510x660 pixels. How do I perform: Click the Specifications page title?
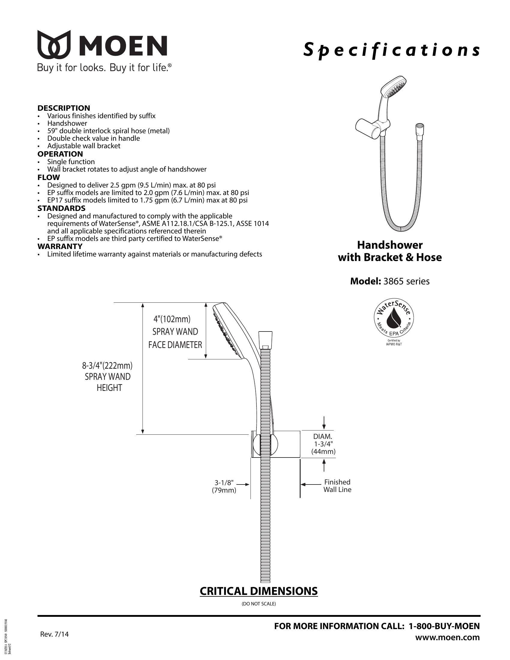(391, 50)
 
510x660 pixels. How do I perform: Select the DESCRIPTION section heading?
(64, 108)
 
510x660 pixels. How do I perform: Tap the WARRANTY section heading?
(60, 246)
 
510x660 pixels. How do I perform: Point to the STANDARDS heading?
(61, 208)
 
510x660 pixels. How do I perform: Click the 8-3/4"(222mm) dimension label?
(107, 366)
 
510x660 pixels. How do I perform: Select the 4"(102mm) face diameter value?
(172, 319)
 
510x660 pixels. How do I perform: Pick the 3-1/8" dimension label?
(224, 482)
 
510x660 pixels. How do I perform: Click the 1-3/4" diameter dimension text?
(323, 444)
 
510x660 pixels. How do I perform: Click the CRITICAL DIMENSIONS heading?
(259, 591)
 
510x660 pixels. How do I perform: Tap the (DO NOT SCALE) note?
(259, 604)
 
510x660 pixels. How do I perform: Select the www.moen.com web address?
(448, 637)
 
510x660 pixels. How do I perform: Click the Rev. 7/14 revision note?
(54, 634)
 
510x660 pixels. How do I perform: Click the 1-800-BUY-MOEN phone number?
(444, 626)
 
